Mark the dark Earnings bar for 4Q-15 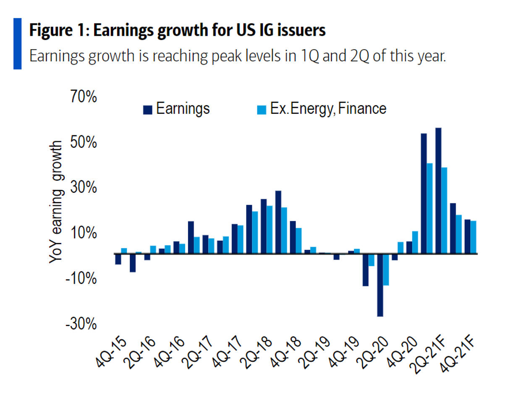(x=118, y=259)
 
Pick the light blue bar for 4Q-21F (x=474, y=237)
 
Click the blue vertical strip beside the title (x=18, y=43)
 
